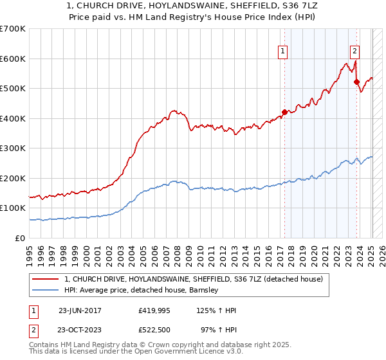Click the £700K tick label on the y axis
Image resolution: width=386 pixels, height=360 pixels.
click(x=13, y=29)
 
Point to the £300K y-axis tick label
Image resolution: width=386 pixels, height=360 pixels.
click(x=13, y=148)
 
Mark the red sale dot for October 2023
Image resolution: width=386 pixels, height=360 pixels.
click(x=356, y=82)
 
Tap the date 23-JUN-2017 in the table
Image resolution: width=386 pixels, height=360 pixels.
click(x=80, y=310)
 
